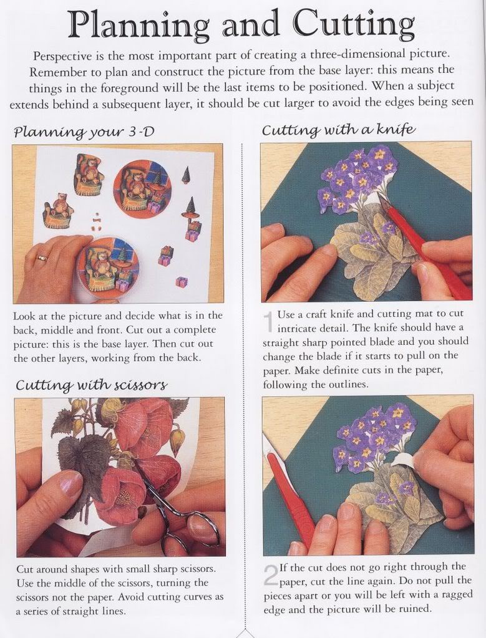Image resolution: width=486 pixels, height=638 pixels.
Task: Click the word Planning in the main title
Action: click(138, 25)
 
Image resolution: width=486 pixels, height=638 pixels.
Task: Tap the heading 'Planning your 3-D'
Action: click(84, 132)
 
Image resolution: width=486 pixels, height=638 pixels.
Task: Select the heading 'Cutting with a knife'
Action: click(339, 130)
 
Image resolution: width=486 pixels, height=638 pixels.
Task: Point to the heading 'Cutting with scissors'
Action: click(92, 385)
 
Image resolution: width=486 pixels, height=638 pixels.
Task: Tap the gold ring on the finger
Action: click(42, 258)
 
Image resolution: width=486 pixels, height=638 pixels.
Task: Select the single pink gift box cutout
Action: click(182, 281)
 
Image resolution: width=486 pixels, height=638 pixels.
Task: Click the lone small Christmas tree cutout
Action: click(187, 175)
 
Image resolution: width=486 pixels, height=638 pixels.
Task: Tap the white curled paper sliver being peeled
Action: click(402, 460)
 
